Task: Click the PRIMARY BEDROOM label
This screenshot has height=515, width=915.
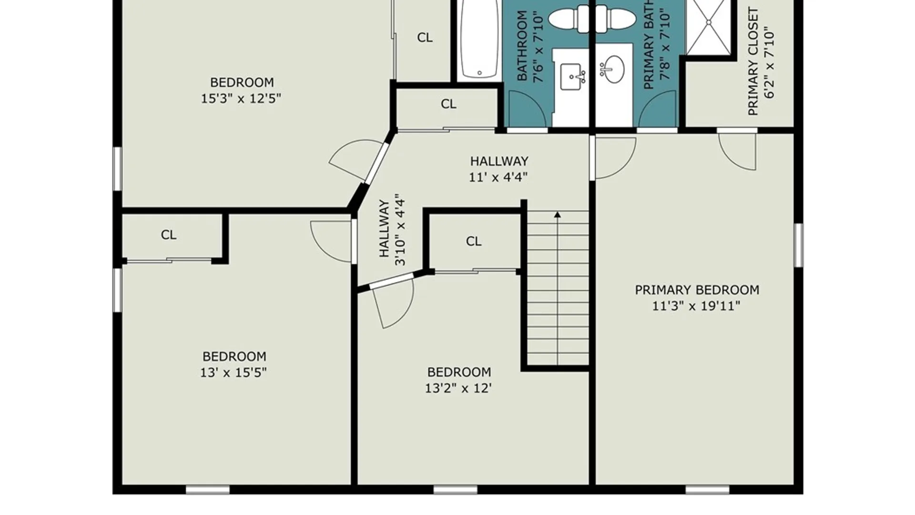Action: click(x=697, y=290)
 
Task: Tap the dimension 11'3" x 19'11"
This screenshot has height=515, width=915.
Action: click(x=696, y=306)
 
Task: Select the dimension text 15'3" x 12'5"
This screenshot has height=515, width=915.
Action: click(x=241, y=99)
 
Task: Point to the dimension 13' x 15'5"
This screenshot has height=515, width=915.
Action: click(x=233, y=372)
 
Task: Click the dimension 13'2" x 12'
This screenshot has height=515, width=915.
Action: click(x=458, y=388)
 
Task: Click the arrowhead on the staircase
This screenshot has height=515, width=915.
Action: click(x=557, y=215)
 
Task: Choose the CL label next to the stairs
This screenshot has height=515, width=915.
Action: click(x=474, y=241)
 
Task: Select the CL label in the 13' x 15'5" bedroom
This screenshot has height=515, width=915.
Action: click(x=169, y=235)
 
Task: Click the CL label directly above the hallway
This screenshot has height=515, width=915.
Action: click(x=448, y=104)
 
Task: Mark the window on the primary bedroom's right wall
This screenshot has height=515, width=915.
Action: click(x=799, y=245)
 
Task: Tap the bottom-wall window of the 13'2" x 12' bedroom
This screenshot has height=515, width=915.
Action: click(x=455, y=490)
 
